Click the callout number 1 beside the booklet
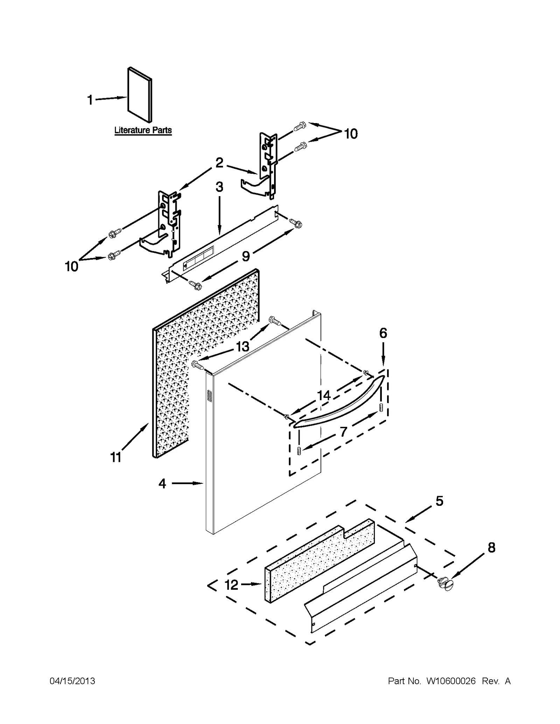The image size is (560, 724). (x=90, y=100)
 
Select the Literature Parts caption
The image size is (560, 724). (x=143, y=130)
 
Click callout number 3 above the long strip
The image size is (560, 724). (x=219, y=187)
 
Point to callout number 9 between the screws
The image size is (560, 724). (x=246, y=256)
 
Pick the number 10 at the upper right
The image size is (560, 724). (x=351, y=134)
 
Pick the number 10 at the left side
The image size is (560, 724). (x=72, y=267)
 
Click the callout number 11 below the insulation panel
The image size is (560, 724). (x=116, y=457)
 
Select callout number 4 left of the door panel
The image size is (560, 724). (x=162, y=484)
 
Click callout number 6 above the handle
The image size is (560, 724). (x=383, y=333)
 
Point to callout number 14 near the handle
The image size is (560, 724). (x=324, y=395)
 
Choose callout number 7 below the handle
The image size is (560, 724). (x=343, y=432)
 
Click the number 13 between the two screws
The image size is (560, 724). (x=243, y=346)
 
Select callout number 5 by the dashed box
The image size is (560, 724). (x=439, y=501)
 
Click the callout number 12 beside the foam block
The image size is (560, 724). (x=231, y=585)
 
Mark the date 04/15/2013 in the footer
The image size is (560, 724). (x=72, y=681)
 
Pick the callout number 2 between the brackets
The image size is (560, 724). (x=219, y=163)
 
